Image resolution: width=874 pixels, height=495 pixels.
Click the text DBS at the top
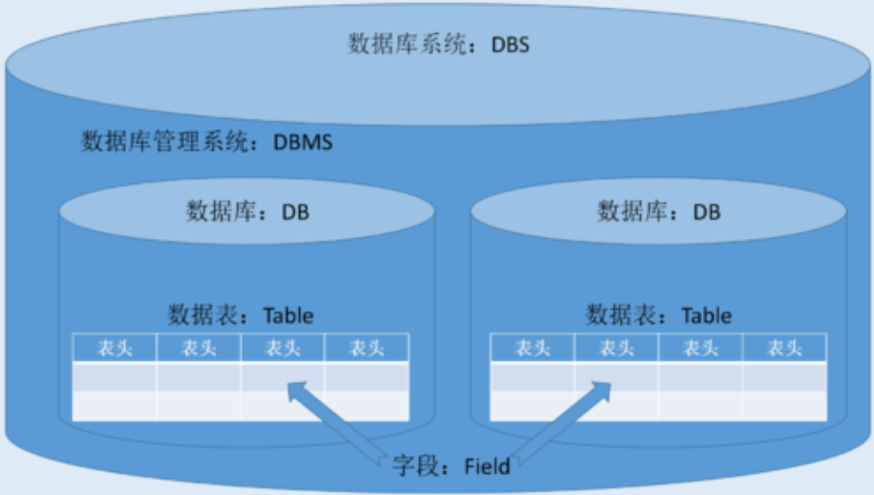(x=510, y=46)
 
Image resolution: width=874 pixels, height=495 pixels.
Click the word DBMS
(x=303, y=142)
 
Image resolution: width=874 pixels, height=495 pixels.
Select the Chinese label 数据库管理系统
(x=164, y=142)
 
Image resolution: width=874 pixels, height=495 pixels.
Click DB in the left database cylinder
(x=295, y=212)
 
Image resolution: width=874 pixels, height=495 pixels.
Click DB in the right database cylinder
(x=707, y=212)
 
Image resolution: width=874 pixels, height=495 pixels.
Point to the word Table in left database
(x=288, y=316)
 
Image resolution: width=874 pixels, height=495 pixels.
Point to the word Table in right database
(x=707, y=316)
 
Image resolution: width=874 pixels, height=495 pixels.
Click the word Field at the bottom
(x=487, y=466)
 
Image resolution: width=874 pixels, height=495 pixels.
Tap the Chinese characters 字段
(x=415, y=466)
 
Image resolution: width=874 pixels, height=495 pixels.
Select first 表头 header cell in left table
(x=114, y=348)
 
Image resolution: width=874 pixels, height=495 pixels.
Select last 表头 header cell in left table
(x=367, y=348)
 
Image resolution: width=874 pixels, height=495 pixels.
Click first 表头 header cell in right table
(x=532, y=348)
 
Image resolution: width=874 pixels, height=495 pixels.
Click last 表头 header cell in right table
(x=785, y=348)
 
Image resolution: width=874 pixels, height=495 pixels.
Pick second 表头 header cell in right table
(x=617, y=348)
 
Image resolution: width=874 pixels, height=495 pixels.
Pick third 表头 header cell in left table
(x=282, y=348)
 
